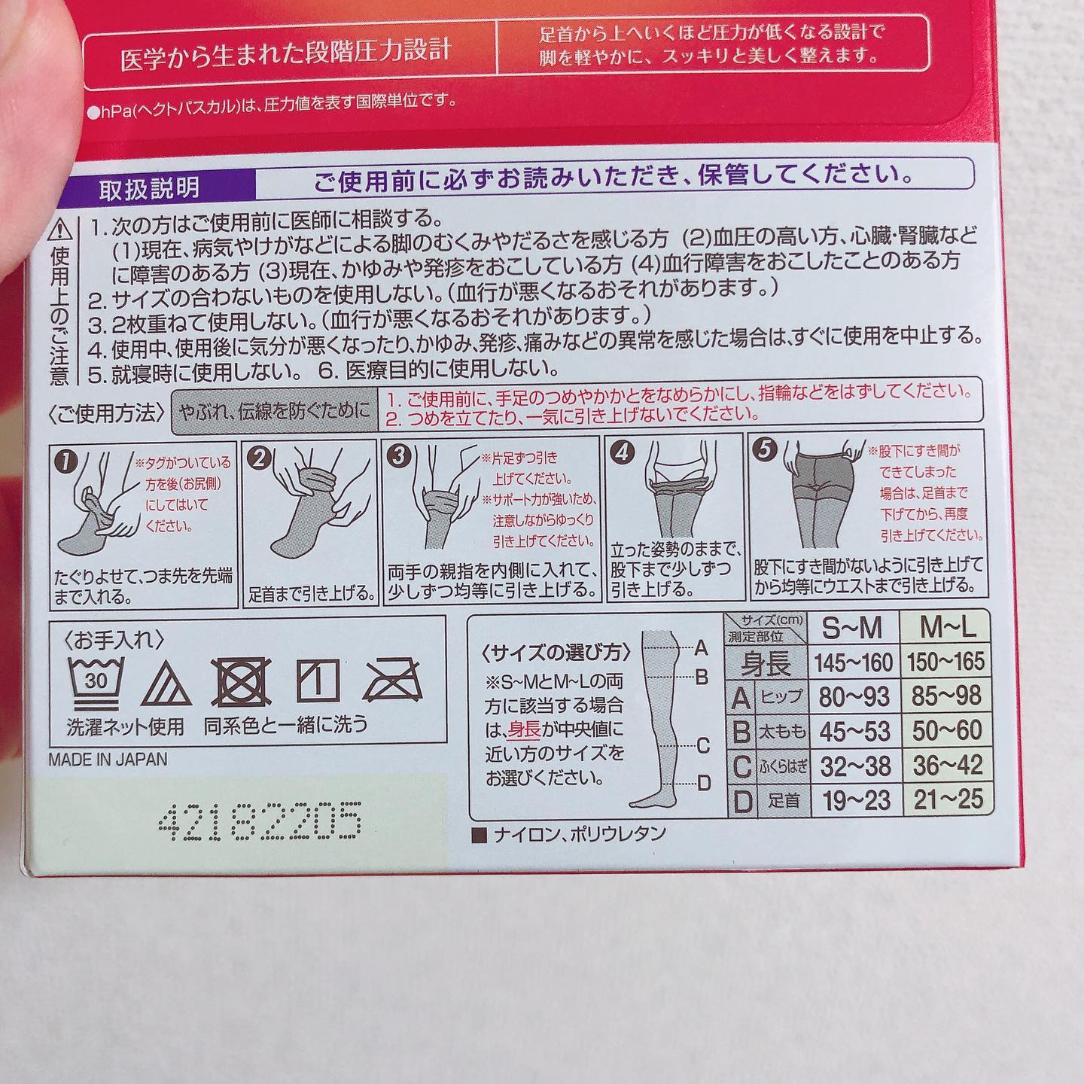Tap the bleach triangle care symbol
click(x=166, y=684)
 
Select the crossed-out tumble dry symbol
click(x=242, y=682)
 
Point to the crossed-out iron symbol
click(x=393, y=680)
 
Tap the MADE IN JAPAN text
click(x=108, y=760)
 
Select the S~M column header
click(x=852, y=629)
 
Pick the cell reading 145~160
click(x=854, y=662)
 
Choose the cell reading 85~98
click(x=947, y=696)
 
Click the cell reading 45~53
click(x=854, y=731)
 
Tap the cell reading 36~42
click(x=948, y=765)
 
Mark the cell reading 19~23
click(x=855, y=800)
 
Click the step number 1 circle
click(x=65, y=462)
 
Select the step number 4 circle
click(x=622, y=452)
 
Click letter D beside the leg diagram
click(x=704, y=782)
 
